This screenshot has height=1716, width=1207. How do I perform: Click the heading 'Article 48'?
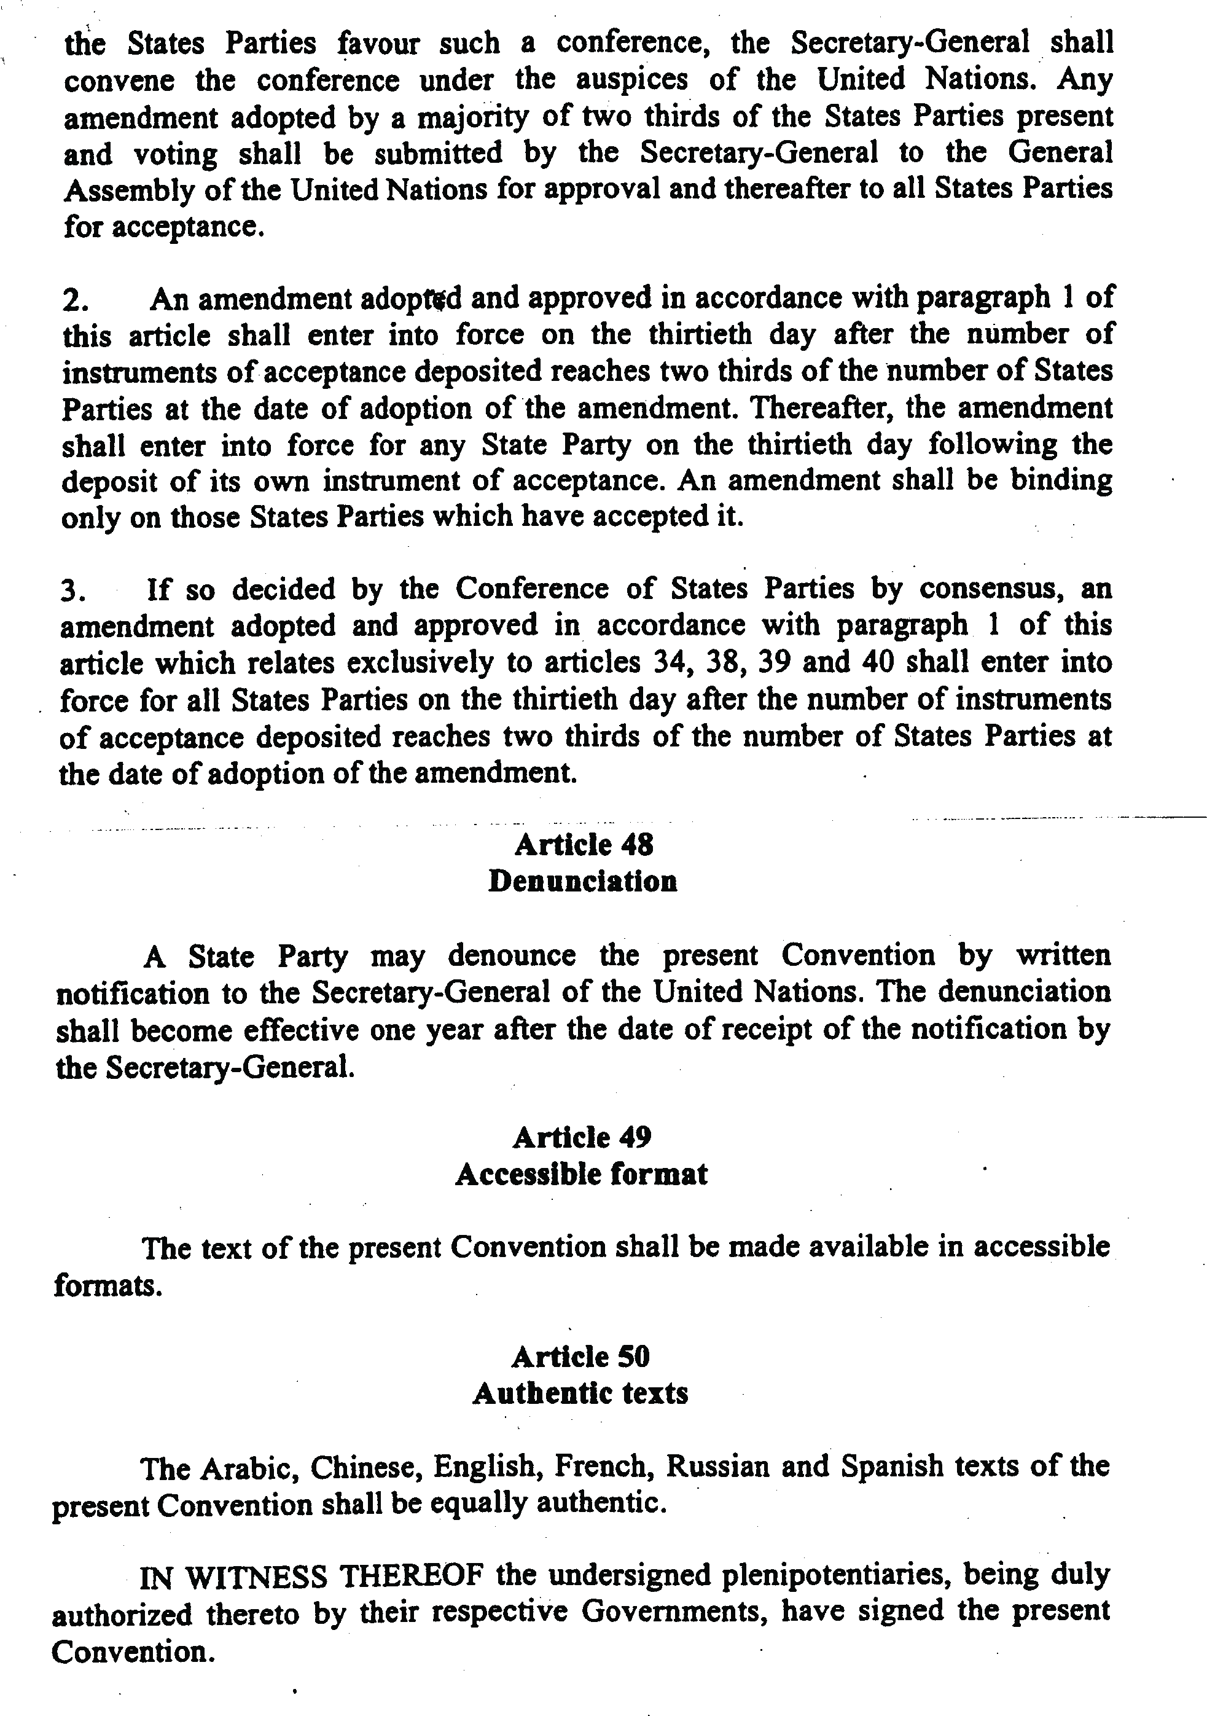click(x=584, y=845)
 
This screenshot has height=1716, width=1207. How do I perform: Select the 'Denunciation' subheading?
click(x=583, y=881)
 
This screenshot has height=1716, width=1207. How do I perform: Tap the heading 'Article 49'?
click(x=582, y=1137)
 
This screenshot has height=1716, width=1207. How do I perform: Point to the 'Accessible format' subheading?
click(x=582, y=1174)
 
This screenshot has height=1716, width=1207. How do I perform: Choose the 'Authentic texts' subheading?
click(x=580, y=1393)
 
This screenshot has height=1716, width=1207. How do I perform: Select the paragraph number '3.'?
click(x=74, y=591)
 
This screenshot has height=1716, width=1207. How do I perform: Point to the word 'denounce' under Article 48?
click(x=512, y=955)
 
